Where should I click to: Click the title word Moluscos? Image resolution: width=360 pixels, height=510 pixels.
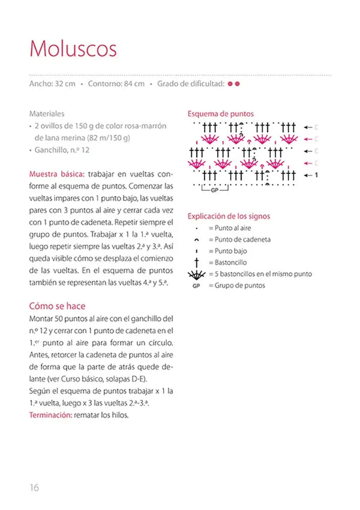(73, 48)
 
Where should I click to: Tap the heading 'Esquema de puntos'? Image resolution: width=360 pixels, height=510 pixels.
(220, 113)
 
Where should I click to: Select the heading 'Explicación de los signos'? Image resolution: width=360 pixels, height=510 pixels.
(229, 216)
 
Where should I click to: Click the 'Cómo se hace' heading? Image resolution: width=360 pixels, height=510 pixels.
(57, 306)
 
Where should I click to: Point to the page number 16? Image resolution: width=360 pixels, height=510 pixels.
(34, 487)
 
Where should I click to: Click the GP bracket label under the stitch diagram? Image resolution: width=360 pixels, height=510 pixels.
(214, 190)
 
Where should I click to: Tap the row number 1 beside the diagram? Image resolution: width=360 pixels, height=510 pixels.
(316, 175)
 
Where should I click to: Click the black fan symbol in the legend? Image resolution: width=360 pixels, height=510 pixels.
(196, 274)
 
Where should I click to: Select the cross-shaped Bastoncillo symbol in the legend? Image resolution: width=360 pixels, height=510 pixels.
(196, 262)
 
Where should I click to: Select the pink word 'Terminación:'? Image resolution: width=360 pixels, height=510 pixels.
(50, 415)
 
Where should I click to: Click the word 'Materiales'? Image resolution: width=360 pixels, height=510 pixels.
(47, 113)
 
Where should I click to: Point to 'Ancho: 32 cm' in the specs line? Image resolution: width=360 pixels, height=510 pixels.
(52, 84)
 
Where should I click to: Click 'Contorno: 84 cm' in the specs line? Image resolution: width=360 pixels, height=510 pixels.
(116, 84)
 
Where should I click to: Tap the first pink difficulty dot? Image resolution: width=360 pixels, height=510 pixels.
(230, 84)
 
